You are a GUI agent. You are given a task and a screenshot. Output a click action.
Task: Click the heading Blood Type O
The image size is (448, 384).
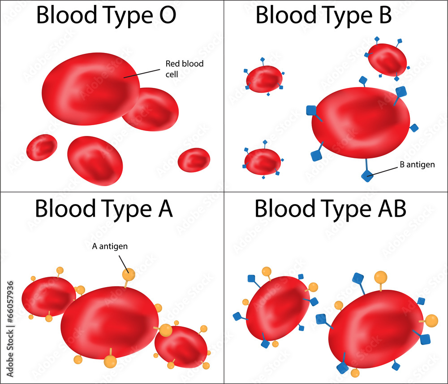(x=106, y=15)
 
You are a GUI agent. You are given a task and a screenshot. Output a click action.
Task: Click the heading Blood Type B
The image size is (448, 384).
(x=323, y=15)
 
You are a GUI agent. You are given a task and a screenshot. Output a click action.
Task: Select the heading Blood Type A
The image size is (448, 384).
(x=103, y=208)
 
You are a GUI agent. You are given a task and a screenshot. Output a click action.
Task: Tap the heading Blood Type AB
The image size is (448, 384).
(x=331, y=208)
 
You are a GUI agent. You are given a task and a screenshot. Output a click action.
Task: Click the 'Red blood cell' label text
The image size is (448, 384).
(x=184, y=69)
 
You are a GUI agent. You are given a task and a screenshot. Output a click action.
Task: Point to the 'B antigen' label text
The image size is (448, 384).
(x=417, y=165)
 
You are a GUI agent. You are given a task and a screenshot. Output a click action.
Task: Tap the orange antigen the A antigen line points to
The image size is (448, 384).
(x=129, y=274)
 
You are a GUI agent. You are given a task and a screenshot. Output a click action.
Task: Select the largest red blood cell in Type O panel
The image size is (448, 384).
(x=90, y=89)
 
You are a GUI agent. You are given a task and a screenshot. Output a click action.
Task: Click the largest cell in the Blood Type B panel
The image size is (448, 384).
(x=361, y=122)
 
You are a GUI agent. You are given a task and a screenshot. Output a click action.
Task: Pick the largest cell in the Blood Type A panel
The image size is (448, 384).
(x=109, y=322)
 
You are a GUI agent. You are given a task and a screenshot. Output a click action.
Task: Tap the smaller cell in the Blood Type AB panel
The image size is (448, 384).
(x=277, y=308)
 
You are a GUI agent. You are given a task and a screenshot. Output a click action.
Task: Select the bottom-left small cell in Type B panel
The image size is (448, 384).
(x=263, y=161)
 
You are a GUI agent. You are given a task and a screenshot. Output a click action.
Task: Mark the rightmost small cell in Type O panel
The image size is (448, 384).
(x=194, y=159)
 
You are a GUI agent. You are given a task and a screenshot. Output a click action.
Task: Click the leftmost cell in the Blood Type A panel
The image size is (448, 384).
(x=48, y=297)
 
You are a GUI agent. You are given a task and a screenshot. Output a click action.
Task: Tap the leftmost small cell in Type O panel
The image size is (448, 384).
(x=42, y=147)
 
